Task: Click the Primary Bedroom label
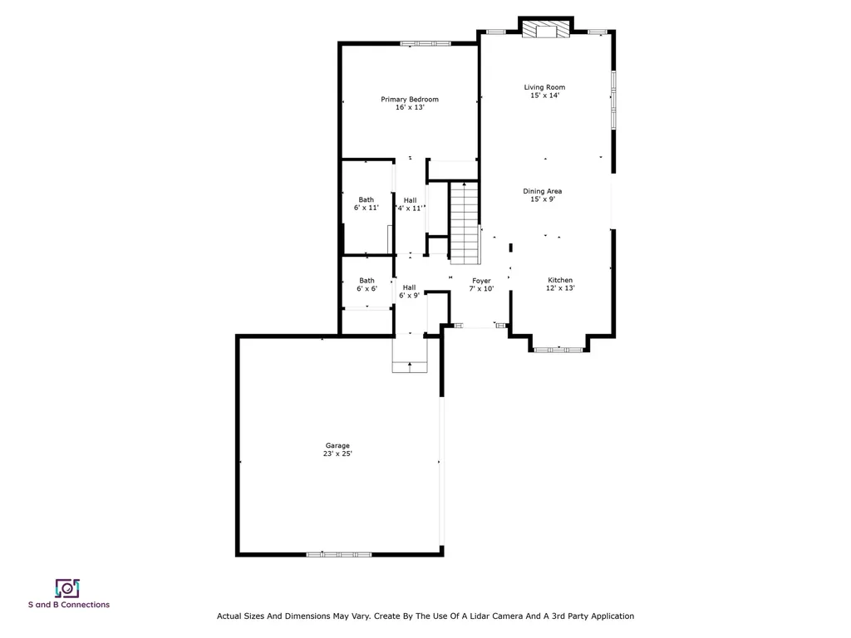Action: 410,103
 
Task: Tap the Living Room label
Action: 544,91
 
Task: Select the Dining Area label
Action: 542,194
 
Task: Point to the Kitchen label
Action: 560,284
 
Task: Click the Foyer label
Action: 481,285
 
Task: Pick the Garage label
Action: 337,449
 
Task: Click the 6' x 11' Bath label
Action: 366,204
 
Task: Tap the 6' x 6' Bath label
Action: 366,285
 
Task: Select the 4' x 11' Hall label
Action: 410,204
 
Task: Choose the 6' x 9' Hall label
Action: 409,292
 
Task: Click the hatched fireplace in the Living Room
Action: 547,29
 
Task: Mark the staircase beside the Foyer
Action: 465,223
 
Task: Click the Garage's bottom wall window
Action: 339,554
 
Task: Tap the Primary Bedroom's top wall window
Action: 425,43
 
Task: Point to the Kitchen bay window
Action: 558,350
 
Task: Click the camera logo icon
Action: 67,588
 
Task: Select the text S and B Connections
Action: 69,605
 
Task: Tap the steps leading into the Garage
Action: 410,354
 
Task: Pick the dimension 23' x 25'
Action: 337,454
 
